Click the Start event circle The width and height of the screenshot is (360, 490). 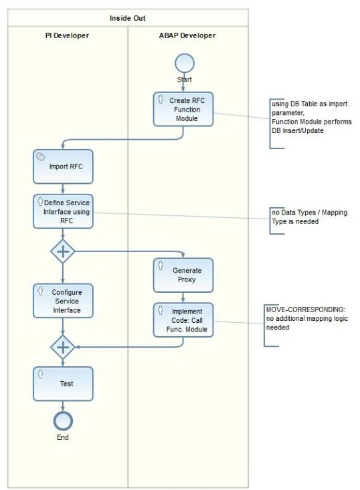click(183, 64)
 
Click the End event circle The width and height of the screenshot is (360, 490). click(62, 420)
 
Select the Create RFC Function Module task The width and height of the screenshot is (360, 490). click(183, 108)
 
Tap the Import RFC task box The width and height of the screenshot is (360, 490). click(62, 166)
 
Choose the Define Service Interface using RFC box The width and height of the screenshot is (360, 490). click(62, 211)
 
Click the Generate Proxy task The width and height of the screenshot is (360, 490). click(183, 275)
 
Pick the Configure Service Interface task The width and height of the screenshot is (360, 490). click(62, 300)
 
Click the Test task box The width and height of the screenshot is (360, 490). click(62, 384)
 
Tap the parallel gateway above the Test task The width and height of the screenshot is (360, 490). click(62, 347)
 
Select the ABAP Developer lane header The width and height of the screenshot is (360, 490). click(188, 35)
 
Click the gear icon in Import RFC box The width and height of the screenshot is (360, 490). click(40, 156)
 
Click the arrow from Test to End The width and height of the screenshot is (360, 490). click(62, 405)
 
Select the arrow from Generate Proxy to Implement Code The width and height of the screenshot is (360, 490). click(183, 297)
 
